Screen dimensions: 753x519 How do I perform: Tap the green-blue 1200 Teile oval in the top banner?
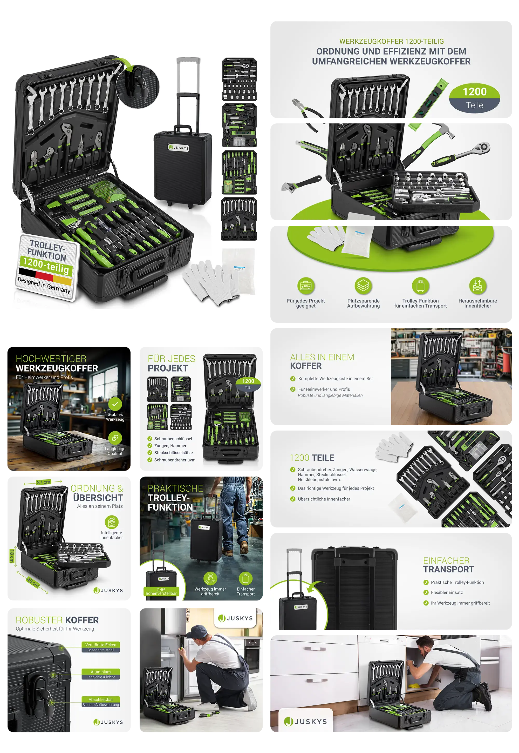pos(474,98)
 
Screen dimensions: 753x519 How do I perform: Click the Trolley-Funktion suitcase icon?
pos(420,286)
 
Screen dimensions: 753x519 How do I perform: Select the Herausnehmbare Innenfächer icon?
pos(477,286)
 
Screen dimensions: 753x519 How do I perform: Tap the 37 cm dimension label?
pos(44,482)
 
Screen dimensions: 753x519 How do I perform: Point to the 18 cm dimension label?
pos(12,556)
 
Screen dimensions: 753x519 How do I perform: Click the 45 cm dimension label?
pos(33,582)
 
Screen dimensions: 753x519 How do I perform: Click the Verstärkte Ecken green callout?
pos(100,645)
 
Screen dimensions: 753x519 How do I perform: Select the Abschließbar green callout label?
pos(100,699)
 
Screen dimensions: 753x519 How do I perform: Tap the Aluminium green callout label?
pos(100,672)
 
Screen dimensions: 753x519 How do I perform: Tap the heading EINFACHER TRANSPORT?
pos(448,565)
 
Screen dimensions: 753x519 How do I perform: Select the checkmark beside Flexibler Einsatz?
pos(426,592)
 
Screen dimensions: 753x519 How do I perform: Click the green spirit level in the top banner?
pos(431,98)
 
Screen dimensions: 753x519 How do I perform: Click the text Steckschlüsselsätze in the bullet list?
pos(173,453)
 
